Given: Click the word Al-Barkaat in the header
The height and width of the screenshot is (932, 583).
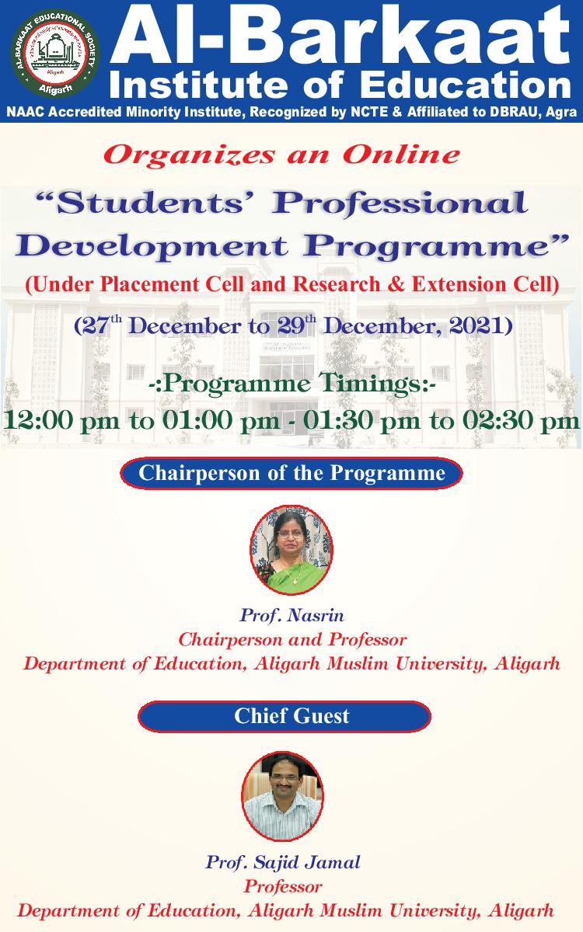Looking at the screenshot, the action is pyautogui.click(x=340, y=36).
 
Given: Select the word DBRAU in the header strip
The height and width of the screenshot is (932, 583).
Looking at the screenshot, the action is pyautogui.click(x=512, y=112).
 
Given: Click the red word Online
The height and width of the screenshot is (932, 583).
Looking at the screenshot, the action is pyautogui.click(x=401, y=155).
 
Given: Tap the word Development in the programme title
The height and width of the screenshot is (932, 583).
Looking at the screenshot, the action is pyautogui.click(x=151, y=246).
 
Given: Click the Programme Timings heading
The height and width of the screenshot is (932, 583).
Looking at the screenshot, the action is pyautogui.click(x=292, y=384).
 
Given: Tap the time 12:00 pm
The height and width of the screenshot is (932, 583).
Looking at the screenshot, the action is pyautogui.click(x=61, y=420).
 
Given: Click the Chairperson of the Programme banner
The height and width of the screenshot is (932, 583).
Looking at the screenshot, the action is pyautogui.click(x=291, y=473).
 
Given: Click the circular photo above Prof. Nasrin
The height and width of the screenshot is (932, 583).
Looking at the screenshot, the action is pyautogui.click(x=291, y=550).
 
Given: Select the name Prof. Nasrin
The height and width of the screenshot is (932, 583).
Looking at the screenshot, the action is pyautogui.click(x=291, y=615).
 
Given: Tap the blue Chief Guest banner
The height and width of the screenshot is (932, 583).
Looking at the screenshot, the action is pyautogui.click(x=285, y=716).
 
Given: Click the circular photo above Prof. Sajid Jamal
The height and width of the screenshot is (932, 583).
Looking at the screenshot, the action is pyautogui.click(x=282, y=797).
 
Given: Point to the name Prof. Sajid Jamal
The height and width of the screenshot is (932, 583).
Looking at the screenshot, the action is pyautogui.click(x=283, y=861).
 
